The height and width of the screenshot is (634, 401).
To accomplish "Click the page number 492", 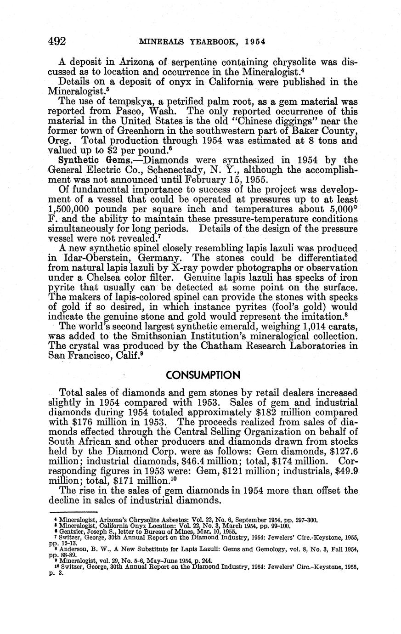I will tap(58, 42).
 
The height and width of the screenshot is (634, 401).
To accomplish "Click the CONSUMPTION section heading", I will tap(203, 375).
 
